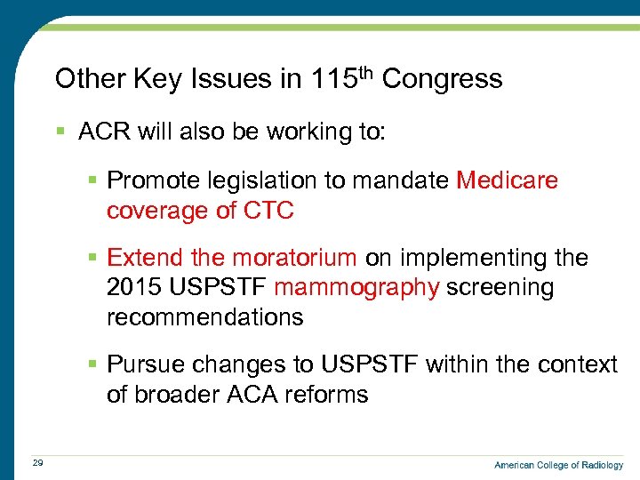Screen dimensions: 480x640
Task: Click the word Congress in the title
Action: point(442,79)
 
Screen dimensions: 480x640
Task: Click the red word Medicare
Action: point(507,180)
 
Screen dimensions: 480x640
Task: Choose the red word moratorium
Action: point(294,258)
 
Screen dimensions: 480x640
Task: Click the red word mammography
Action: point(356,288)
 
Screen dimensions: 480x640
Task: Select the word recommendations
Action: point(204,317)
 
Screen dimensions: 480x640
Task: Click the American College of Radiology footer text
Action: point(558,465)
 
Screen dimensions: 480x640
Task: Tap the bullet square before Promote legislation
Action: point(93,181)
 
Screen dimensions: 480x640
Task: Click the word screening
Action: point(500,288)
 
